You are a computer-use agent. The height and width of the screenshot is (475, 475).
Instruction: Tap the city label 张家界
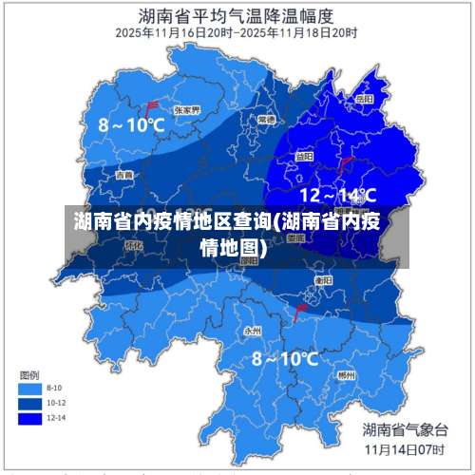click(186, 110)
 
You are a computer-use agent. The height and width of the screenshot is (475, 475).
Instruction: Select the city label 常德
click(266, 121)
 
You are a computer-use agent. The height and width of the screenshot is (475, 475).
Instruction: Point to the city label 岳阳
click(364, 98)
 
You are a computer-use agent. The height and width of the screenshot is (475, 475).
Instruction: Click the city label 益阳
click(303, 156)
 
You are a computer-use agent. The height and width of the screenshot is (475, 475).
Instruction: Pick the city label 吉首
click(124, 175)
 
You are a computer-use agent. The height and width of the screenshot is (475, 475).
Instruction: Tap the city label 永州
click(252, 331)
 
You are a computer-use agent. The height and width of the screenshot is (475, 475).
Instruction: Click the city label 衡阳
click(323, 281)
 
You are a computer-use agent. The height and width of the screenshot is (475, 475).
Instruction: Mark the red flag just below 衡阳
click(301, 311)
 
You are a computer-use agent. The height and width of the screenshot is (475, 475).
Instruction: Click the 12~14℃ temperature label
click(338, 196)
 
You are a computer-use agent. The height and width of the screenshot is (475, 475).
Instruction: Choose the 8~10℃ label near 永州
click(285, 358)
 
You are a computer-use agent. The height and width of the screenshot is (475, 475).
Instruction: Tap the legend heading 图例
click(30, 372)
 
